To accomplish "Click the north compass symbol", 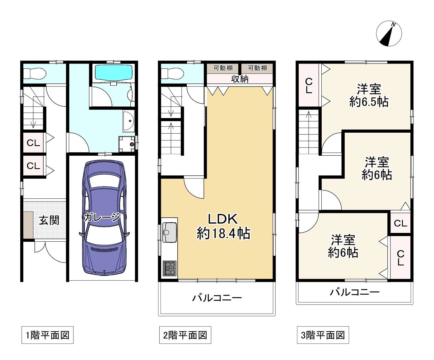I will (x=389, y=34).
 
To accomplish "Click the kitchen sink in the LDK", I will (x=170, y=232).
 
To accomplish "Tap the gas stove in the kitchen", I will (x=170, y=268).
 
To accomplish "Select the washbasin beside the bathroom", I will (x=128, y=121).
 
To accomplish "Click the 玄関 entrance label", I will (x=49, y=220).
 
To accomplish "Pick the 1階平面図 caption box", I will (x=47, y=335).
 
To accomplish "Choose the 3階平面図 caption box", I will (x=323, y=335).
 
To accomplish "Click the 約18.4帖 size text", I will (x=223, y=233).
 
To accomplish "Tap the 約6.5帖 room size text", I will (x=369, y=102).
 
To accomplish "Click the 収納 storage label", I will (x=240, y=79).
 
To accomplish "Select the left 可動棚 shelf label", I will (x=223, y=68).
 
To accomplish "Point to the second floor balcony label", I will (x=217, y=298).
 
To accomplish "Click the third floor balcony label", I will (x=355, y=292).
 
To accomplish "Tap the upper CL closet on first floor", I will (x=33, y=143).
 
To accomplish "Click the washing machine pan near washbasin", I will (x=127, y=144).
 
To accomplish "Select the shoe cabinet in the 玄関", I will (x=28, y=225).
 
